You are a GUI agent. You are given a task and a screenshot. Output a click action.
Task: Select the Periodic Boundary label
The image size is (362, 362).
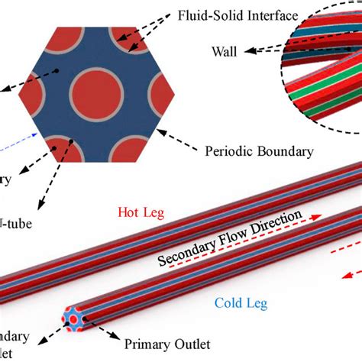259,150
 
